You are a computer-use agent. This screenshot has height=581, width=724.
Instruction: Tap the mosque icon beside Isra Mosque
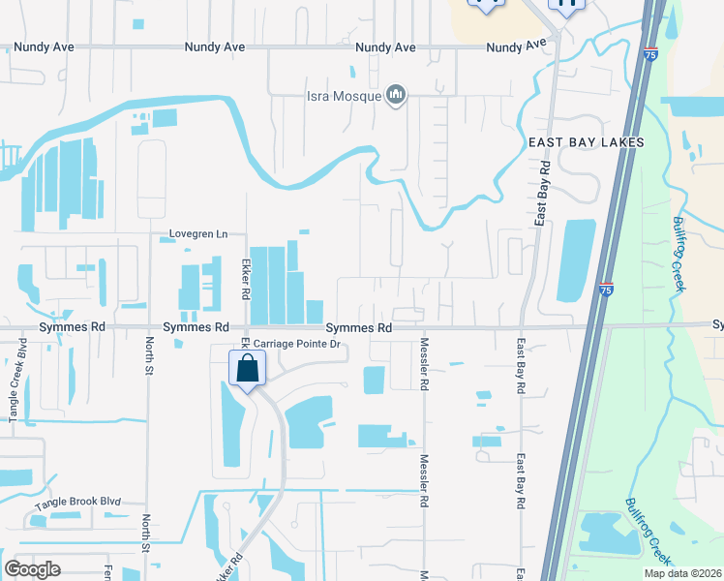click(x=395, y=94)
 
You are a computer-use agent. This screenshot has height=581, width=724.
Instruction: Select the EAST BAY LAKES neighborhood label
click(x=586, y=142)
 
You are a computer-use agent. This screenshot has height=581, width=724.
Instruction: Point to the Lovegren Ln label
click(x=198, y=233)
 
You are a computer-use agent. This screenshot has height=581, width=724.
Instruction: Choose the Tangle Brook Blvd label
click(x=78, y=503)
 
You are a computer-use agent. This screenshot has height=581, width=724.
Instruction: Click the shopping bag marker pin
click(x=248, y=370)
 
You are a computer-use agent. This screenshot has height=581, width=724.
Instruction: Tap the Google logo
click(x=33, y=568)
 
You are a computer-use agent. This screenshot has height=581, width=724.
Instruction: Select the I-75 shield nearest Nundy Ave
click(x=651, y=55)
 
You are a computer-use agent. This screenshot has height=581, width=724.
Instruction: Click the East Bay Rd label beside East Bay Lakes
click(x=543, y=195)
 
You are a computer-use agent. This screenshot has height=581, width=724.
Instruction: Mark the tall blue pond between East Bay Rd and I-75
click(x=576, y=260)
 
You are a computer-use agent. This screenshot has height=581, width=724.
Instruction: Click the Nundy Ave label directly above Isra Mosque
click(x=385, y=47)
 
